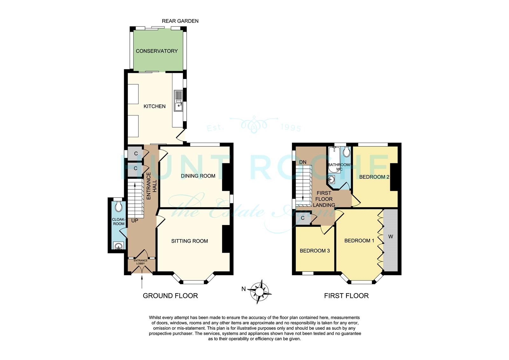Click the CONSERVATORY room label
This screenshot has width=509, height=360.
tap(157, 51)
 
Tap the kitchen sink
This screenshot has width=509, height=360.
tap(178, 101)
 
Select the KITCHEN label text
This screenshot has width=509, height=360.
tap(155, 106)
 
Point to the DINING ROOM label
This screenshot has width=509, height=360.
tap(198, 176)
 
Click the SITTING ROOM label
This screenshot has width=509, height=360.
tap(190, 241)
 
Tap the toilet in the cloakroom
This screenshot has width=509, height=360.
tap(118, 206)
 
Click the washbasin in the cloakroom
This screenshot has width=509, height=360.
tap(118, 246)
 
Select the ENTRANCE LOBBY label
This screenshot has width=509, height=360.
tap(140, 262)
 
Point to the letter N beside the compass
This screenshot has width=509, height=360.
tap(244, 289)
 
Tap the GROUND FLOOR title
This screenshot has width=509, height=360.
tap(171, 296)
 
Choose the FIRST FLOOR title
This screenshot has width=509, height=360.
tap(346, 296)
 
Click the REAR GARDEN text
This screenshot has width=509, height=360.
tap(180, 21)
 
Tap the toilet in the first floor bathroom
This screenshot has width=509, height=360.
tap(346, 151)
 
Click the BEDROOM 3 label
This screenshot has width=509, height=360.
tap(315, 251)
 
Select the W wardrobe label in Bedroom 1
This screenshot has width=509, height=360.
tap(391, 236)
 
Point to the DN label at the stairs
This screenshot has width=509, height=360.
tap(303, 162)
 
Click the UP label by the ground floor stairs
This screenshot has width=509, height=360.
tap(135, 221)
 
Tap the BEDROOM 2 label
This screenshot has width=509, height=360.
tap(374, 177)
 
